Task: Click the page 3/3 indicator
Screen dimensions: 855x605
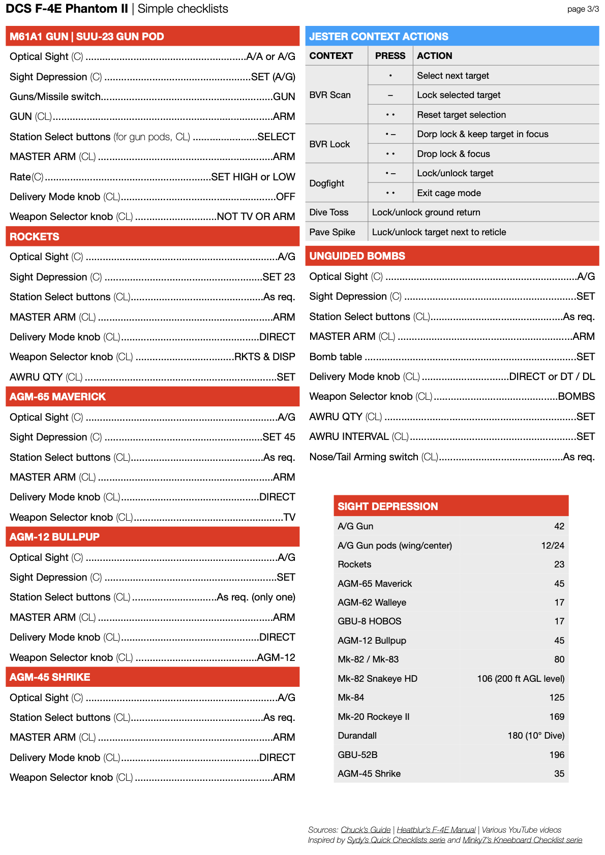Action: click(x=583, y=9)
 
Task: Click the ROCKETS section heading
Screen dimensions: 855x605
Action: click(x=35, y=237)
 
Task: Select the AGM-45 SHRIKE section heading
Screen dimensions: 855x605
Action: click(x=50, y=677)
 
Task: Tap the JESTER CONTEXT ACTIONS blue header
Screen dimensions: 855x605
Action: click(x=379, y=37)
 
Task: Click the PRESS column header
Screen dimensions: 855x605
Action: click(x=390, y=56)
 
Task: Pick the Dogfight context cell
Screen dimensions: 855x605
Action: click(x=327, y=183)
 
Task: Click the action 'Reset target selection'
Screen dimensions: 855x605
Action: click(x=461, y=115)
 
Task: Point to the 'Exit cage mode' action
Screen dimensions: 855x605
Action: click(x=449, y=193)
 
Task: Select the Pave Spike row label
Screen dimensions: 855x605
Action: click(x=332, y=232)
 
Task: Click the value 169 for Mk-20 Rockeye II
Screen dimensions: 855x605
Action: click(x=557, y=717)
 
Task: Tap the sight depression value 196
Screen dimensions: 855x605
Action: click(x=557, y=755)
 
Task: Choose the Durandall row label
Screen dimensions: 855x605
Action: click(x=357, y=736)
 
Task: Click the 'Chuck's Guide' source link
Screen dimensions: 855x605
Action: click(x=366, y=830)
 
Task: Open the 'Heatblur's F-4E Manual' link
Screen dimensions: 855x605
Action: click(x=436, y=830)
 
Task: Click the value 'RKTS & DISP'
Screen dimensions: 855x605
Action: click(x=264, y=357)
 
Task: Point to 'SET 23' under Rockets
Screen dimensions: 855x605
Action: click(x=279, y=277)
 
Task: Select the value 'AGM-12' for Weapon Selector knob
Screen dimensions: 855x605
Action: click(x=276, y=657)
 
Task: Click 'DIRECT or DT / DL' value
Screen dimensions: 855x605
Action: click(x=552, y=376)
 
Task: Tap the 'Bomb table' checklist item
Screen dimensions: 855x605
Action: click(x=336, y=357)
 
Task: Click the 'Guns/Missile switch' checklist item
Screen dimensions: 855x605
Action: click(x=55, y=97)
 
